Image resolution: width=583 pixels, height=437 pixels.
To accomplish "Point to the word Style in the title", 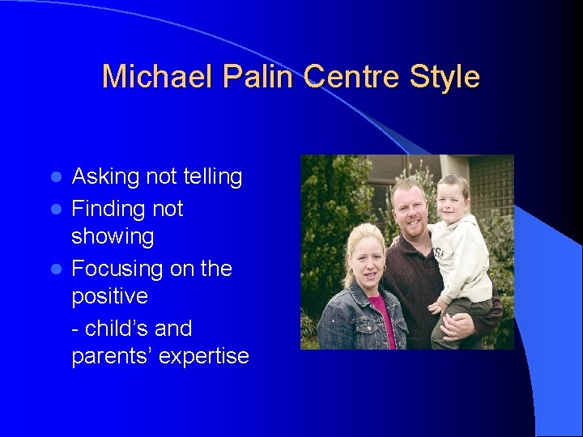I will (x=445, y=77).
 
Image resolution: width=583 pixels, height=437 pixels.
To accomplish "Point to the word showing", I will (x=113, y=236).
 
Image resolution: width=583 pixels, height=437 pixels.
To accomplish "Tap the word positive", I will (x=109, y=296).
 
